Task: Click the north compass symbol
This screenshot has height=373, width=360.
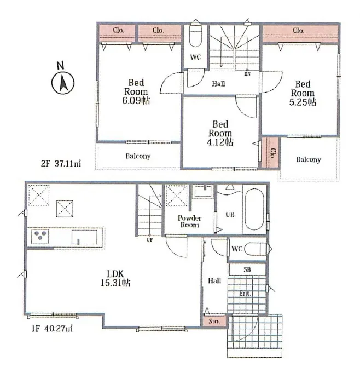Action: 62,82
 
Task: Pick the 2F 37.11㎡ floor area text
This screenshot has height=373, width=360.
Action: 60,164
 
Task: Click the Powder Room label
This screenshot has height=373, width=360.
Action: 190,221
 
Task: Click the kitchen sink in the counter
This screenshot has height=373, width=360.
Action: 85,238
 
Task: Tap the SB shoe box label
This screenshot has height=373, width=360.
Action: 247,270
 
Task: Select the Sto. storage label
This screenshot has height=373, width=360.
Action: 214,322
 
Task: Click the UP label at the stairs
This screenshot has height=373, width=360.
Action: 149,239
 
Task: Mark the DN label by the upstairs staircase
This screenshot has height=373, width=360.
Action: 247,74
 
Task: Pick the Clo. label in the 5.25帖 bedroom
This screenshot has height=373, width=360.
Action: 299,30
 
